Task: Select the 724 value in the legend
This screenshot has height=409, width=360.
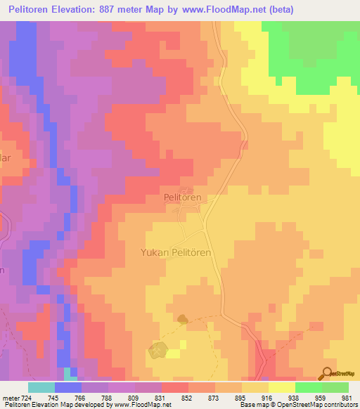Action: [x=24, y=398]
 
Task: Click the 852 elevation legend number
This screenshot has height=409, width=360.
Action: [x=187, y=398]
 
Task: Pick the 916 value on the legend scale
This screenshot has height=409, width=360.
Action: [x=267, y=398]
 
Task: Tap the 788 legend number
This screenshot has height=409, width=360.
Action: [x=107, y=398]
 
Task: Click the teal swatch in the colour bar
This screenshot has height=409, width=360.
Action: [x=41, y=387]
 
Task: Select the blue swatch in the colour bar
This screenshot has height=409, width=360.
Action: [x=67, y=387]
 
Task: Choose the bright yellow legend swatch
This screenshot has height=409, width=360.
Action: [x=281, y=387]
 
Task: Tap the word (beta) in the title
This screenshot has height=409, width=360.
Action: [x=278, y=9]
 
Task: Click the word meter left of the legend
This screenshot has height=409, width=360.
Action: [x=10, y=398]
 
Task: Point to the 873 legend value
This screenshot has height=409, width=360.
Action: [x=214, y=398]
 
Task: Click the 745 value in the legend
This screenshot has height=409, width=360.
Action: [x=53, y=398]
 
